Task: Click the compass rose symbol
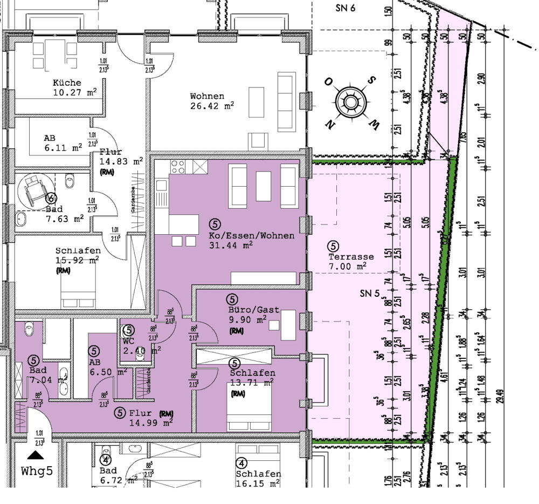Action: point(350,102)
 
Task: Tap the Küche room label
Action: point(67,83)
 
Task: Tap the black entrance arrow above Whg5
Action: point(37,454)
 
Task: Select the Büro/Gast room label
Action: point(253,310)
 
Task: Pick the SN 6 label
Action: point(345,8)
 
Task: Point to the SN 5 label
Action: point(370,294)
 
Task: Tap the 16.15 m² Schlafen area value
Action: point(258,484)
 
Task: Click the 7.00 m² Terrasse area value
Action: point(348,266)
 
